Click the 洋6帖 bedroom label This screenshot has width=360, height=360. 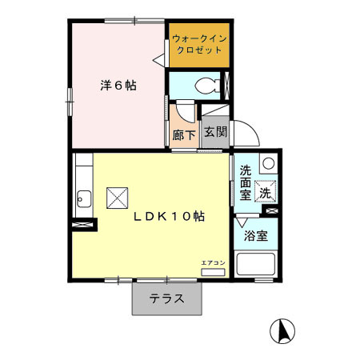118,85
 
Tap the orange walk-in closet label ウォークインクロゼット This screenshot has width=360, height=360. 198,43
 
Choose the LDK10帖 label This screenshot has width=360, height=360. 167,215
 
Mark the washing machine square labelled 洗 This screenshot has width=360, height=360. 265,191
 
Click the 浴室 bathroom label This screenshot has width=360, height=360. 256,236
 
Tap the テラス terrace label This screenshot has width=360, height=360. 167,299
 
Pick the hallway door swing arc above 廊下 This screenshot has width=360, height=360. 185,113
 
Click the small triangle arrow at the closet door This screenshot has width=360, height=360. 159,58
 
